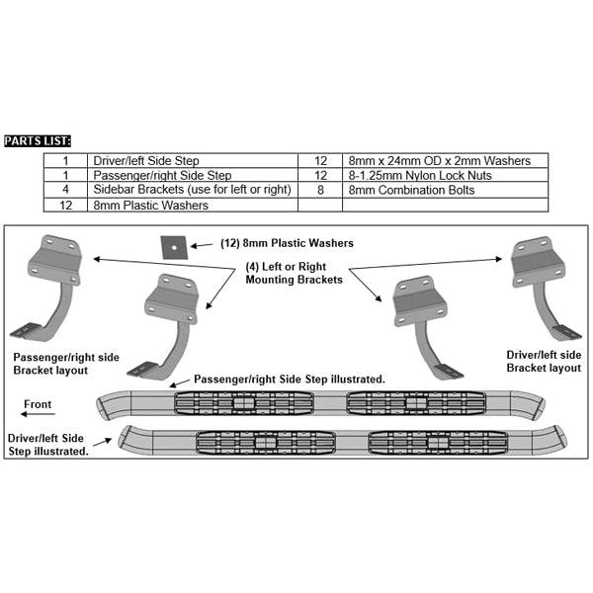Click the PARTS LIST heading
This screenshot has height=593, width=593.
pos(39,140)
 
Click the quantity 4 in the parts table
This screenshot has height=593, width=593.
pos(65,189)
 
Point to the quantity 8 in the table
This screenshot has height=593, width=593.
pos(320,189)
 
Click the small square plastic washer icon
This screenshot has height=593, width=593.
pos(173,244)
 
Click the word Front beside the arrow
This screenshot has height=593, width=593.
pos(39,404)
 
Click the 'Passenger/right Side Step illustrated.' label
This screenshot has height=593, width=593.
pos(290,380)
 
